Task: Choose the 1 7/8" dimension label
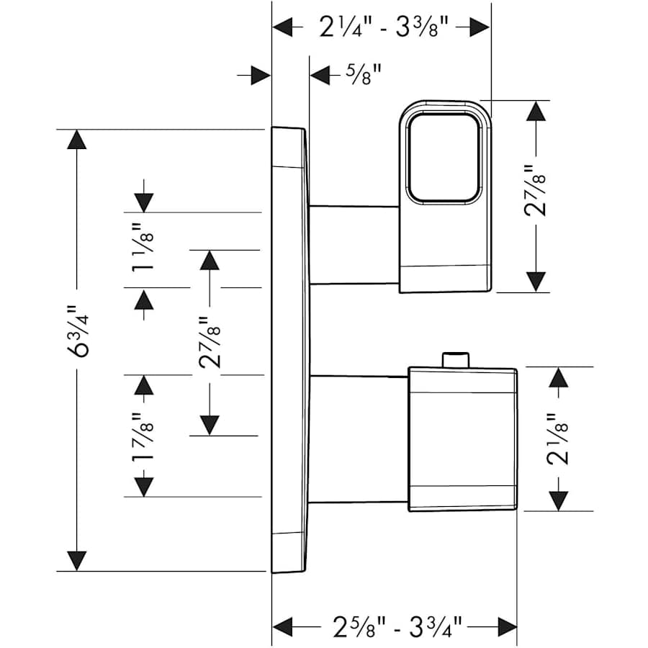coord(143,436)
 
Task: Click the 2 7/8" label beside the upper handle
coord(536,191)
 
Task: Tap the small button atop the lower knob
coord(456,359)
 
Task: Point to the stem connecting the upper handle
coord(354,244)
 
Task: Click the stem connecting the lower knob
coord(359,438)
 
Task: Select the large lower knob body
coord(462,439)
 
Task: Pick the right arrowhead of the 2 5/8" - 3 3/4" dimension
coord(507,625)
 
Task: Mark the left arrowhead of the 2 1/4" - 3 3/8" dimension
coord(283,27)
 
